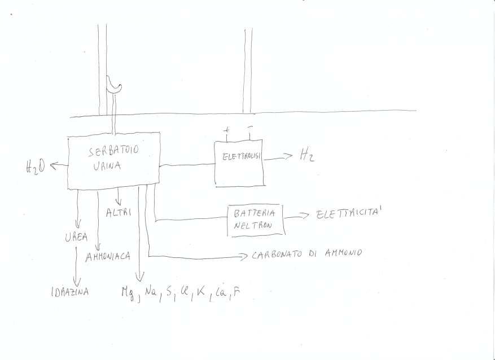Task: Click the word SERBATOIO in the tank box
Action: pos(113,152)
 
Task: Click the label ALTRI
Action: pos(118,212)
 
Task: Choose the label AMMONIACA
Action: pos(108,256)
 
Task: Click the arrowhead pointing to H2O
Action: pos(53,165)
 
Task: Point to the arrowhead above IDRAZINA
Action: pos(77,282)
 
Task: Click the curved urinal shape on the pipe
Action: pos(115,86)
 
